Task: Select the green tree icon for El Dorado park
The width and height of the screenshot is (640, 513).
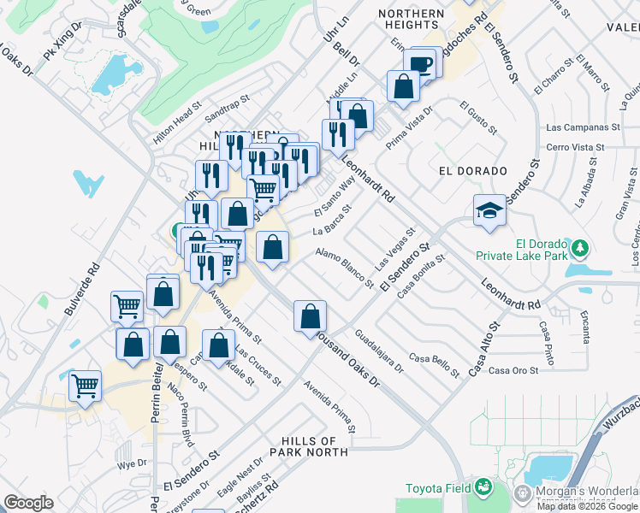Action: tap(581, 248)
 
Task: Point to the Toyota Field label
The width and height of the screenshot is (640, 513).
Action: tap(436, 489)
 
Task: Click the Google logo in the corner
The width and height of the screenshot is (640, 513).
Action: tap(28, 503)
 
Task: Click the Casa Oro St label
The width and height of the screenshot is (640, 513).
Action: tap(513, 370)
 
